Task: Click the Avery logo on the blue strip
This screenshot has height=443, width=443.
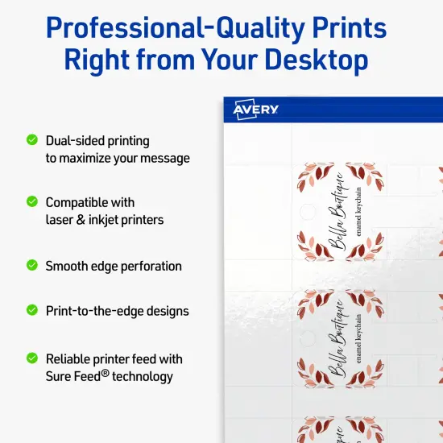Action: (255, 110)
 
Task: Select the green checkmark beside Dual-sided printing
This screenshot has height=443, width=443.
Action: (32, 139)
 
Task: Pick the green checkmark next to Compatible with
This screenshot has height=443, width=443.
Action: (32, 201)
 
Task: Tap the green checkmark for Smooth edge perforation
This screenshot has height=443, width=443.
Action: (32, 264)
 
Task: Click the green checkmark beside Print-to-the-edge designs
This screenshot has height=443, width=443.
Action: (32, 309)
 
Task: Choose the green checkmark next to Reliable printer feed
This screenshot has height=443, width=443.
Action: (32, 357)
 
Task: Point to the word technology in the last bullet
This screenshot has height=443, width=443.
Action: (143, 376)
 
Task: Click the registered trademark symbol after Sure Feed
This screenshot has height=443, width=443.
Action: (105, 372)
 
